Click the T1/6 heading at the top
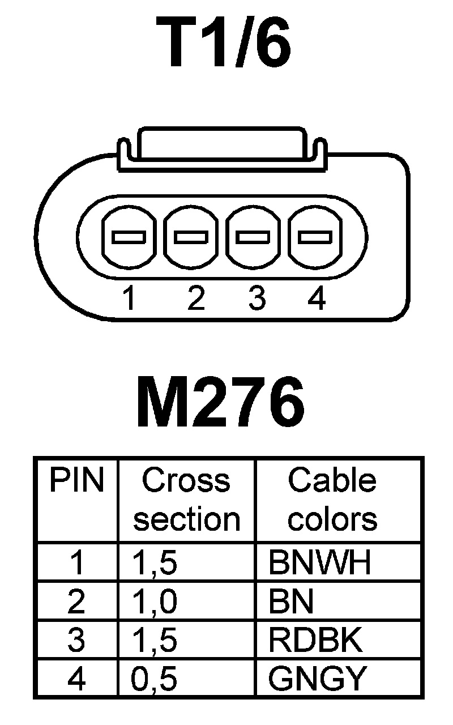pyautogui.click(x=227, y=44)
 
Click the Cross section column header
pyautogui.click(x=187, y=500)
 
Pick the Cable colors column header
pyautogui.click(x=332, y=500)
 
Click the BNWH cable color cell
pyautogui.click(x=320, y=562)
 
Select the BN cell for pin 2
pyautogui.click(x=291, y=602)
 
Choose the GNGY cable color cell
pyautogui.click(x=318, y=679)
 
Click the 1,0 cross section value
pyautogui.click(x=155, y=602)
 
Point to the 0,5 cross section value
pyautogui.click(x=155, y=679)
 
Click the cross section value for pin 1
pyautogui.click(x=155, y=562)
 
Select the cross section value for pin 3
pyautogui.click(x=155, y=640)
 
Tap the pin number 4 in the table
pyautogui.click(x=76, y=679)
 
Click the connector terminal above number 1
pyautogui.click(x=129, y=237)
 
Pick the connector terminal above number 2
pyautogui.click(x=191, y=237)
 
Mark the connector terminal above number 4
pyautogui.click(x=315, y=237)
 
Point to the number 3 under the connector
pyautogui.click(x=257, y=298)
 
